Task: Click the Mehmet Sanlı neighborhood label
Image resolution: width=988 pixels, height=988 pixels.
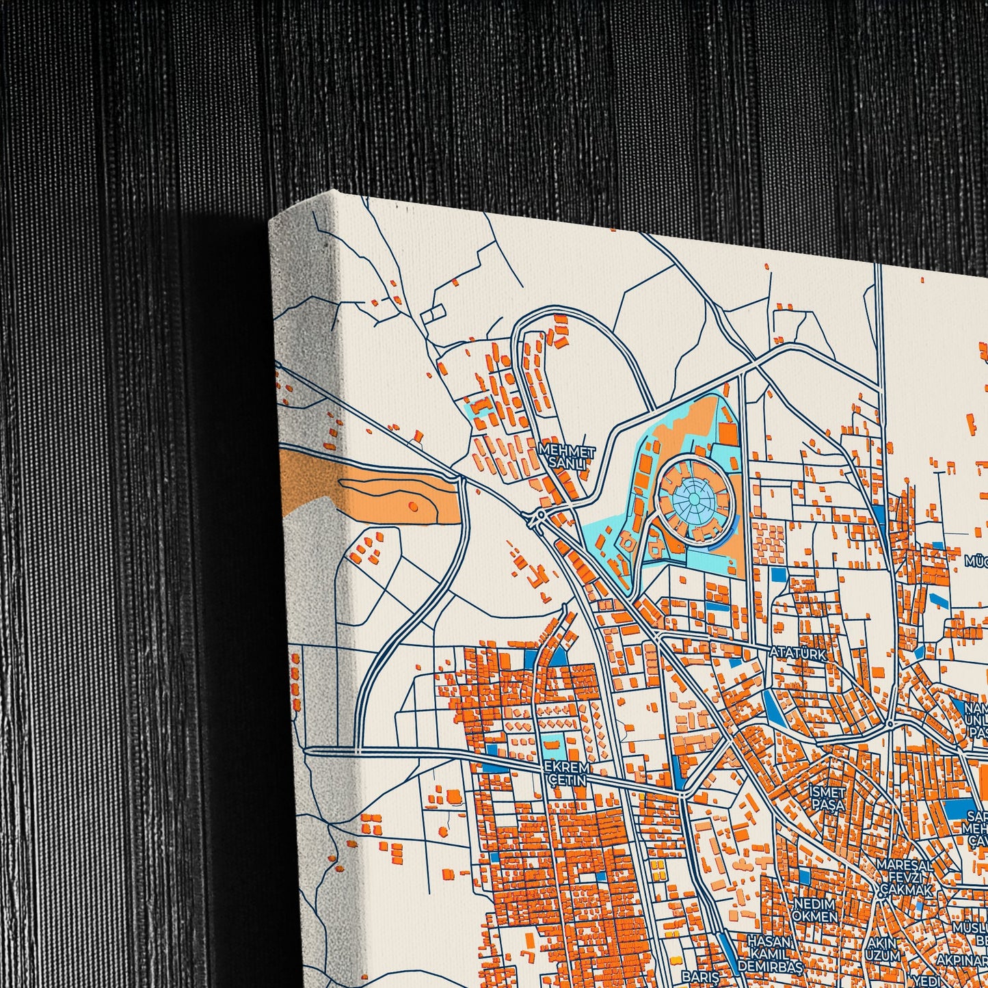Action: click(567, 457)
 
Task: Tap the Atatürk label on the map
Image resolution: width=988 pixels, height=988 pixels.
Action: click(797, 653)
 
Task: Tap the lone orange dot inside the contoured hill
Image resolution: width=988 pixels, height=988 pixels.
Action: click(412, 505)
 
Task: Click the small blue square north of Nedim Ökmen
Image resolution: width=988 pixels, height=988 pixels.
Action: click(804, 876)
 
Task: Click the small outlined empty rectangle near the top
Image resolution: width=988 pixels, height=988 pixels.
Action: click(433, 314)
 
